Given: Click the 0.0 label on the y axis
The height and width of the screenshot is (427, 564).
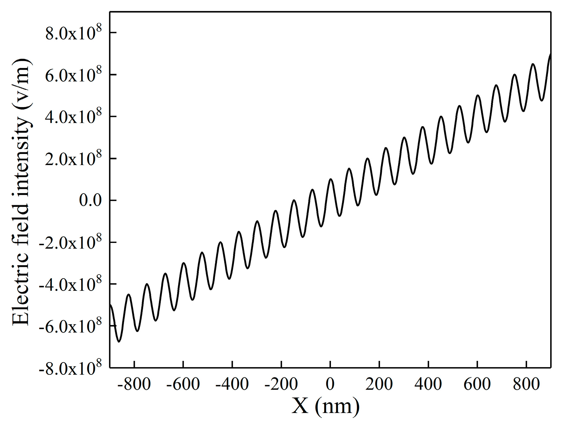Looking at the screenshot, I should (x=90, y=200).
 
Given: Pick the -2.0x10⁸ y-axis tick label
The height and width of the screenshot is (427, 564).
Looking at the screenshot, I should (x=70, y=242).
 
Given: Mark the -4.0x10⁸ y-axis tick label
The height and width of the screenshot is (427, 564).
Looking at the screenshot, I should (x=70, y=284).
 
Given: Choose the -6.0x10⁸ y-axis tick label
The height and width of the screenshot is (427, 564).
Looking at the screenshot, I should (x=70, y=326).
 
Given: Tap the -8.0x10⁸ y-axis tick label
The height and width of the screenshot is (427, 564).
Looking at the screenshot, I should (x=70, y=368).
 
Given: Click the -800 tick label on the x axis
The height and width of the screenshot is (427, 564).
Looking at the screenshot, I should (x=134, y=384).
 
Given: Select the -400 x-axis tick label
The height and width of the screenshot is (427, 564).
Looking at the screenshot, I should (x=232, y=384).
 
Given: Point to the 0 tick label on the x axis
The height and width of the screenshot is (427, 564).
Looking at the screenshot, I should (x=330, y=384).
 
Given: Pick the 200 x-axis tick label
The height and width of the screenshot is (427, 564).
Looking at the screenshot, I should (x=379, y=384).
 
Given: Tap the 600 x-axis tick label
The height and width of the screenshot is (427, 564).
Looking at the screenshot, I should (x=477, y=384).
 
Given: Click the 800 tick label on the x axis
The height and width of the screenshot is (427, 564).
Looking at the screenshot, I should (x=526, y=384).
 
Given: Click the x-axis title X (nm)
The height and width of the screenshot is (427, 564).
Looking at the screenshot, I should (x=326, y=406).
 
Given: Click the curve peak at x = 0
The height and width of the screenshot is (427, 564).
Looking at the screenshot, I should (x=331, y=179).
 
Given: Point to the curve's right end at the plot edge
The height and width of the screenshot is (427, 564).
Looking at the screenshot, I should (x=550, y=54).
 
